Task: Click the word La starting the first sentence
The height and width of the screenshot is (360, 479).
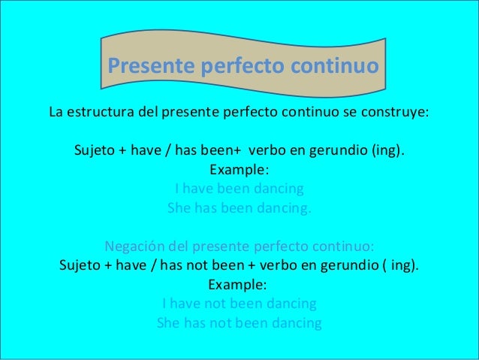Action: pos(56,114)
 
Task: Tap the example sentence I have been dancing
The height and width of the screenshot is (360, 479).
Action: pos(239,188)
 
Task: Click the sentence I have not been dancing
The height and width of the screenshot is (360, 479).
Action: pos(239,304)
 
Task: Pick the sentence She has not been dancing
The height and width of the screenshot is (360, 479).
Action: pos(239,324)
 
